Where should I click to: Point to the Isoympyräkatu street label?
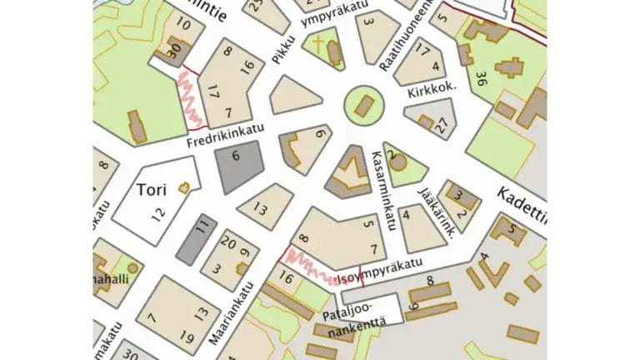(x=382, y=269)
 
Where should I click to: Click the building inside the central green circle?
(x=364, y=106)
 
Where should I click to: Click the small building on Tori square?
(x=183, y=188)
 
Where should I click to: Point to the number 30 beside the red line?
(x=174, y=52)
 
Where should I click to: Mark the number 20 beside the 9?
(x=227, y=243)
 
